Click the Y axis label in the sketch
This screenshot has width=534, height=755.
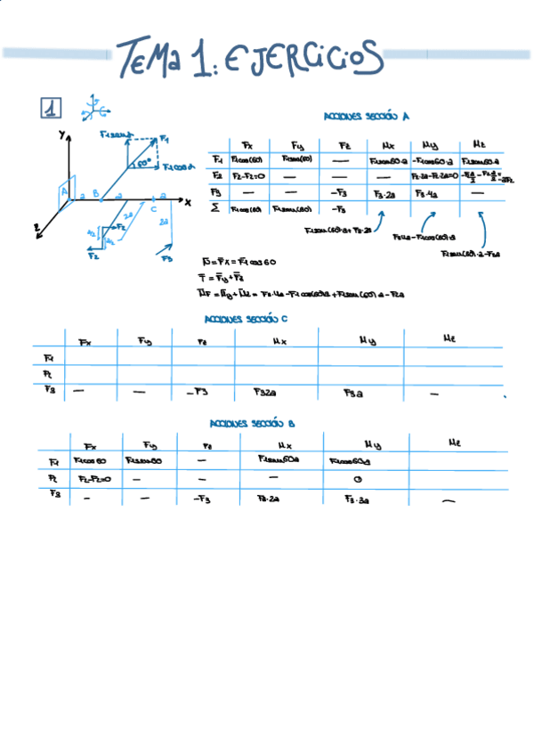61,134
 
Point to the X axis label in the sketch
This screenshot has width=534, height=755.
188,202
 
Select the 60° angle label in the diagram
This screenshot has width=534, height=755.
144,163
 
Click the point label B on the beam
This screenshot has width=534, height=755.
95,192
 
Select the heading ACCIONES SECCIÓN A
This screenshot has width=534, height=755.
367,116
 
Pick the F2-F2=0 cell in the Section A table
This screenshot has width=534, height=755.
245,176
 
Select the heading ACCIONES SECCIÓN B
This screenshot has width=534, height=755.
252,424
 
